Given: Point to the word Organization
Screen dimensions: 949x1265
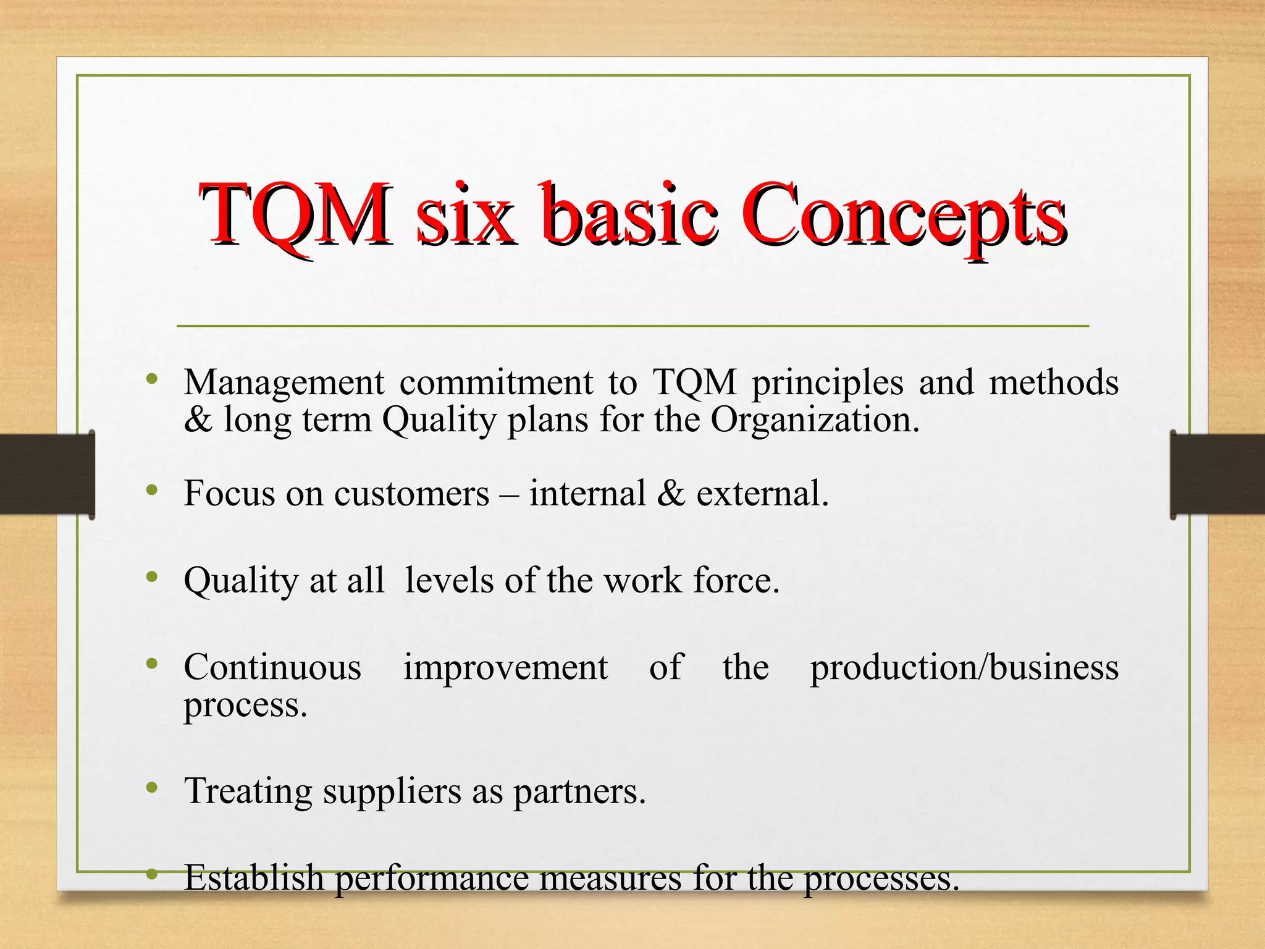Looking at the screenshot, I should pos(814,420).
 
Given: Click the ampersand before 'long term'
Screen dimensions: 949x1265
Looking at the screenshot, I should pos(198,420).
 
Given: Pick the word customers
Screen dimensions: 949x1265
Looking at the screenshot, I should pos(411,494).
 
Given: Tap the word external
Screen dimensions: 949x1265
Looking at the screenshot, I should pos(762,494).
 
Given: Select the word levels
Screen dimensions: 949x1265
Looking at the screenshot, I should pos(449,581).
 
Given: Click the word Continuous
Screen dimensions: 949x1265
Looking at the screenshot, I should pos(272,667).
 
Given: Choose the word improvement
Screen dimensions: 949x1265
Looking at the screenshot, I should pos(505,667).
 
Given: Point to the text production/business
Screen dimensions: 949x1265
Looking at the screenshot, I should pos(964,667).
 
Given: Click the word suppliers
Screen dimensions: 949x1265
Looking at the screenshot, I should pos(392,792).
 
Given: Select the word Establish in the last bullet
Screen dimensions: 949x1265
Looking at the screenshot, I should pos(253,877).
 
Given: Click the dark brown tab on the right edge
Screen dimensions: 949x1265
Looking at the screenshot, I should pos(1217,474).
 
